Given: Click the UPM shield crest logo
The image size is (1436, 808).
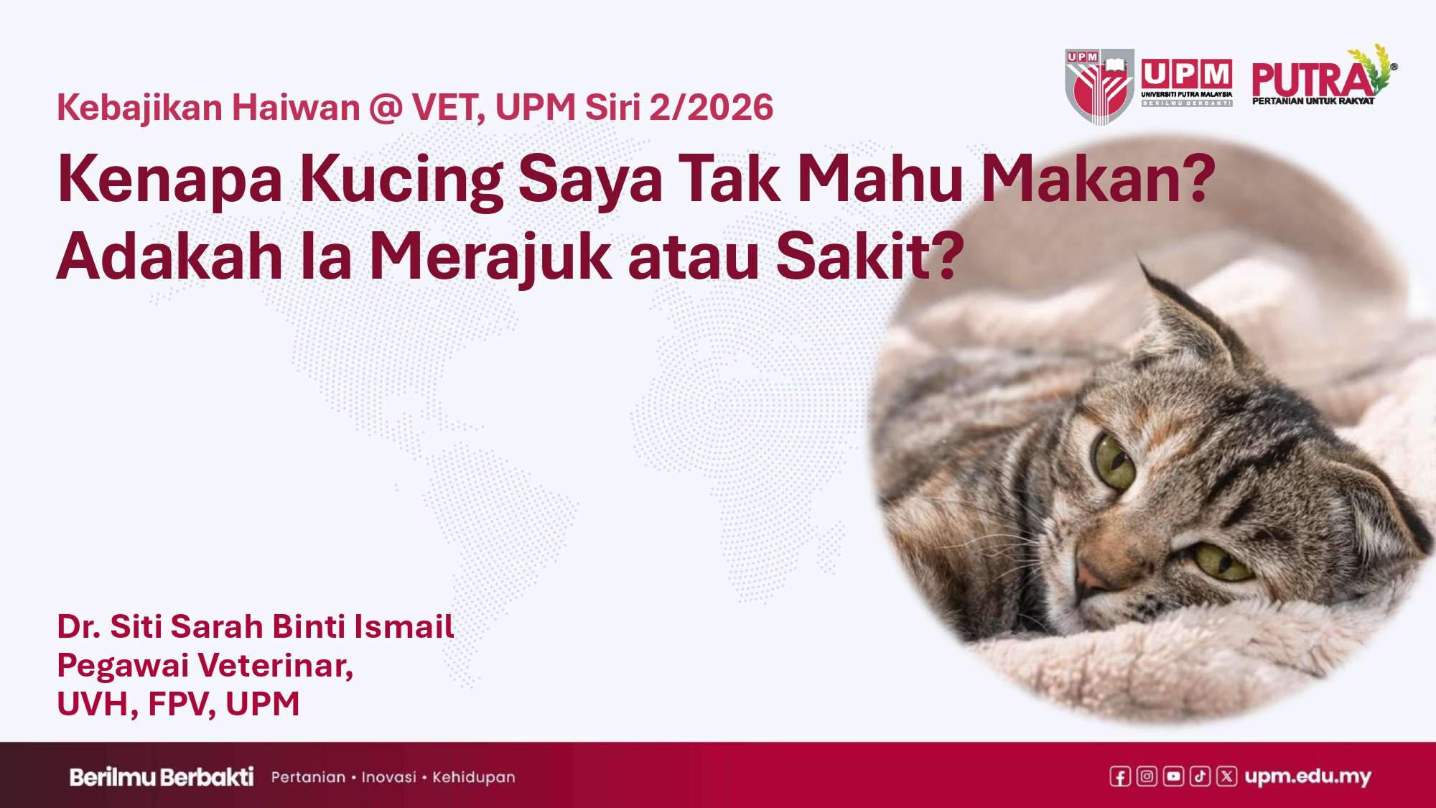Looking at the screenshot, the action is pos(1099,86).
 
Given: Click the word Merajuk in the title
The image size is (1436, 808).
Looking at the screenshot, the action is pos(490,257).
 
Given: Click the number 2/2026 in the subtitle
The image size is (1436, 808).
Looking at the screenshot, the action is pos(711,108).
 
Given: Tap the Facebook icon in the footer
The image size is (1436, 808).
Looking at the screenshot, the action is pos(1120,776).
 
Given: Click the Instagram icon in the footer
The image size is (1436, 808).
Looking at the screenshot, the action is pos(1147,776).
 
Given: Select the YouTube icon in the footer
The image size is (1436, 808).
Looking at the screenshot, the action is pos(1173,776).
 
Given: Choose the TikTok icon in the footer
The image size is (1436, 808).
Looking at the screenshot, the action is pos(1200,776).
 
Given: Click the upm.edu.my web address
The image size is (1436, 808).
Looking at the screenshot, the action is pos(1308,776).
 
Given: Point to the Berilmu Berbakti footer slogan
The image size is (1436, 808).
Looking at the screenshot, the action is pos(162,777).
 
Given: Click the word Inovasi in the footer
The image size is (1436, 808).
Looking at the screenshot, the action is pos(388,777).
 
